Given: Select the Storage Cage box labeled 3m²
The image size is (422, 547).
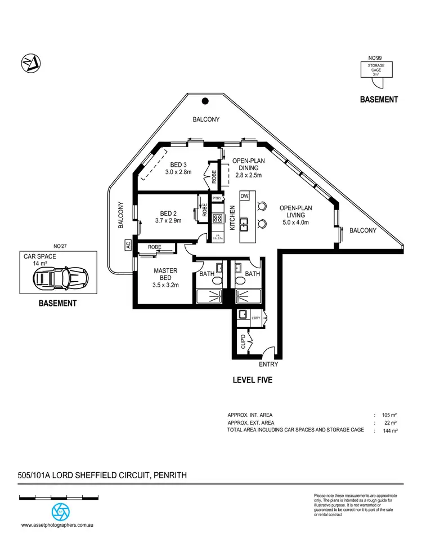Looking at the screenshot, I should (x=376, y=70).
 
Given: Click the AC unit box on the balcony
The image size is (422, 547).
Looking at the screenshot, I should (x=128, y=245).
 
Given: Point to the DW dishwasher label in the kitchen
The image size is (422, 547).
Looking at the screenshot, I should (x=244, y=195).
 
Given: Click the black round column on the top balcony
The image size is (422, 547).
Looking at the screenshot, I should (x=205, y=101).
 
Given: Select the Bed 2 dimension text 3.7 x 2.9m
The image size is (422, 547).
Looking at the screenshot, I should (x=169, y=221).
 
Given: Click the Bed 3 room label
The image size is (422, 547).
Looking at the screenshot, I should (x=178, y=164).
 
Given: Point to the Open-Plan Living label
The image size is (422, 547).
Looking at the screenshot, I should (x=296, y=211).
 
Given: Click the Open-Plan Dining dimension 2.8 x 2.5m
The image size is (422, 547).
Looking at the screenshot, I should (x=248, y=175).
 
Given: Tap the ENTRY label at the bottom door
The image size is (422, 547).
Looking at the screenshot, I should (x=268, y=364).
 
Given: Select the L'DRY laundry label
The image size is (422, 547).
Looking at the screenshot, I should (x=256, y=319).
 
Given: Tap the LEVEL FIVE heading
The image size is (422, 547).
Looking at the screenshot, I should (x=253, y=380).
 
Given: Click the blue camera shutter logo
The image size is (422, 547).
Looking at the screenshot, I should (x=60, y=512).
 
